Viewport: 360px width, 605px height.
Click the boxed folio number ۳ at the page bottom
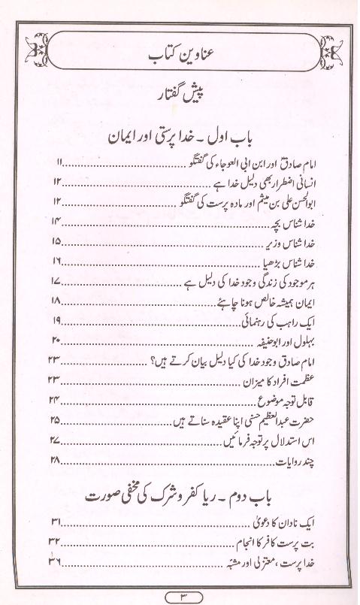coord(181,596)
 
